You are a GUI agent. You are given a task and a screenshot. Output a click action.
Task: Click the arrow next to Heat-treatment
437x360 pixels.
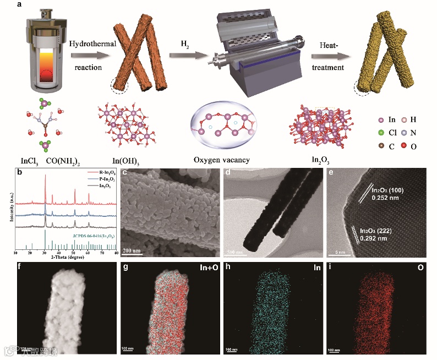coord(332,55)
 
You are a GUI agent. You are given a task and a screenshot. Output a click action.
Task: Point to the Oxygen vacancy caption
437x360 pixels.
coord(220,160)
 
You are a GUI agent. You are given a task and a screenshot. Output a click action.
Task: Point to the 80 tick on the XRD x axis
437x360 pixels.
coord(116,251)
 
